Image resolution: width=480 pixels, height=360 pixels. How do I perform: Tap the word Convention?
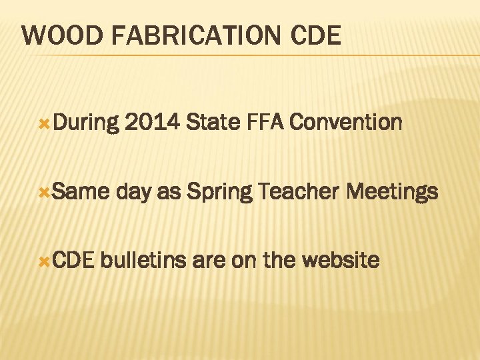tap(346, 123)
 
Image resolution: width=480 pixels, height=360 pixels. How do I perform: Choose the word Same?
tap(80, 192)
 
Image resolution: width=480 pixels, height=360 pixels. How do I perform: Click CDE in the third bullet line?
tap(75, 260)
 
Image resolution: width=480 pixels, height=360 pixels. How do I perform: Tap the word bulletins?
tap(144, 260)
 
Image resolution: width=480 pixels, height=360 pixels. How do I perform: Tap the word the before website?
tap(279, 260)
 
